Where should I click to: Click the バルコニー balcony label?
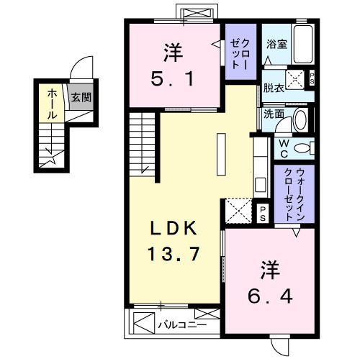pos(183,325)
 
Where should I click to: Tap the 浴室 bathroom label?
pos(276,44)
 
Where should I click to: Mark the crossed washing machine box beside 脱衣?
pos(297,78)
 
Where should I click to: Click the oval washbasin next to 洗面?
pos(302,118)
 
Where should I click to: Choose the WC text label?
pos(284,148)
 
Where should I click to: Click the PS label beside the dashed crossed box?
pos(264,212)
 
